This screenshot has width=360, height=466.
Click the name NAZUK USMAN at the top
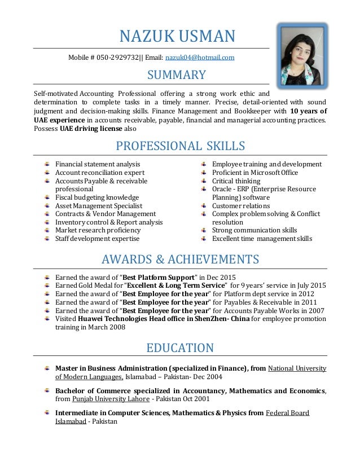(x=177, y=37)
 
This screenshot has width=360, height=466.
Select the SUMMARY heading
(x=177, y=74)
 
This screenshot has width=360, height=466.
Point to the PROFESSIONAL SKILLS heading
(x=180, y=146)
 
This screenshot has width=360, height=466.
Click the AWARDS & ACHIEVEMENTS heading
(x=180, y=260)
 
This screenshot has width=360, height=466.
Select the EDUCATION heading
(x=180, y=348)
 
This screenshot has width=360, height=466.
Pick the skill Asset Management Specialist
(x=99, y=206)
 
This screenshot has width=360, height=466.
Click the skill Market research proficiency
(x=98, y=230)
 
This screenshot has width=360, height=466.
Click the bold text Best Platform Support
(x=159, y=278)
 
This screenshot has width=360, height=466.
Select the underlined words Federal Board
(x=287, y=413)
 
